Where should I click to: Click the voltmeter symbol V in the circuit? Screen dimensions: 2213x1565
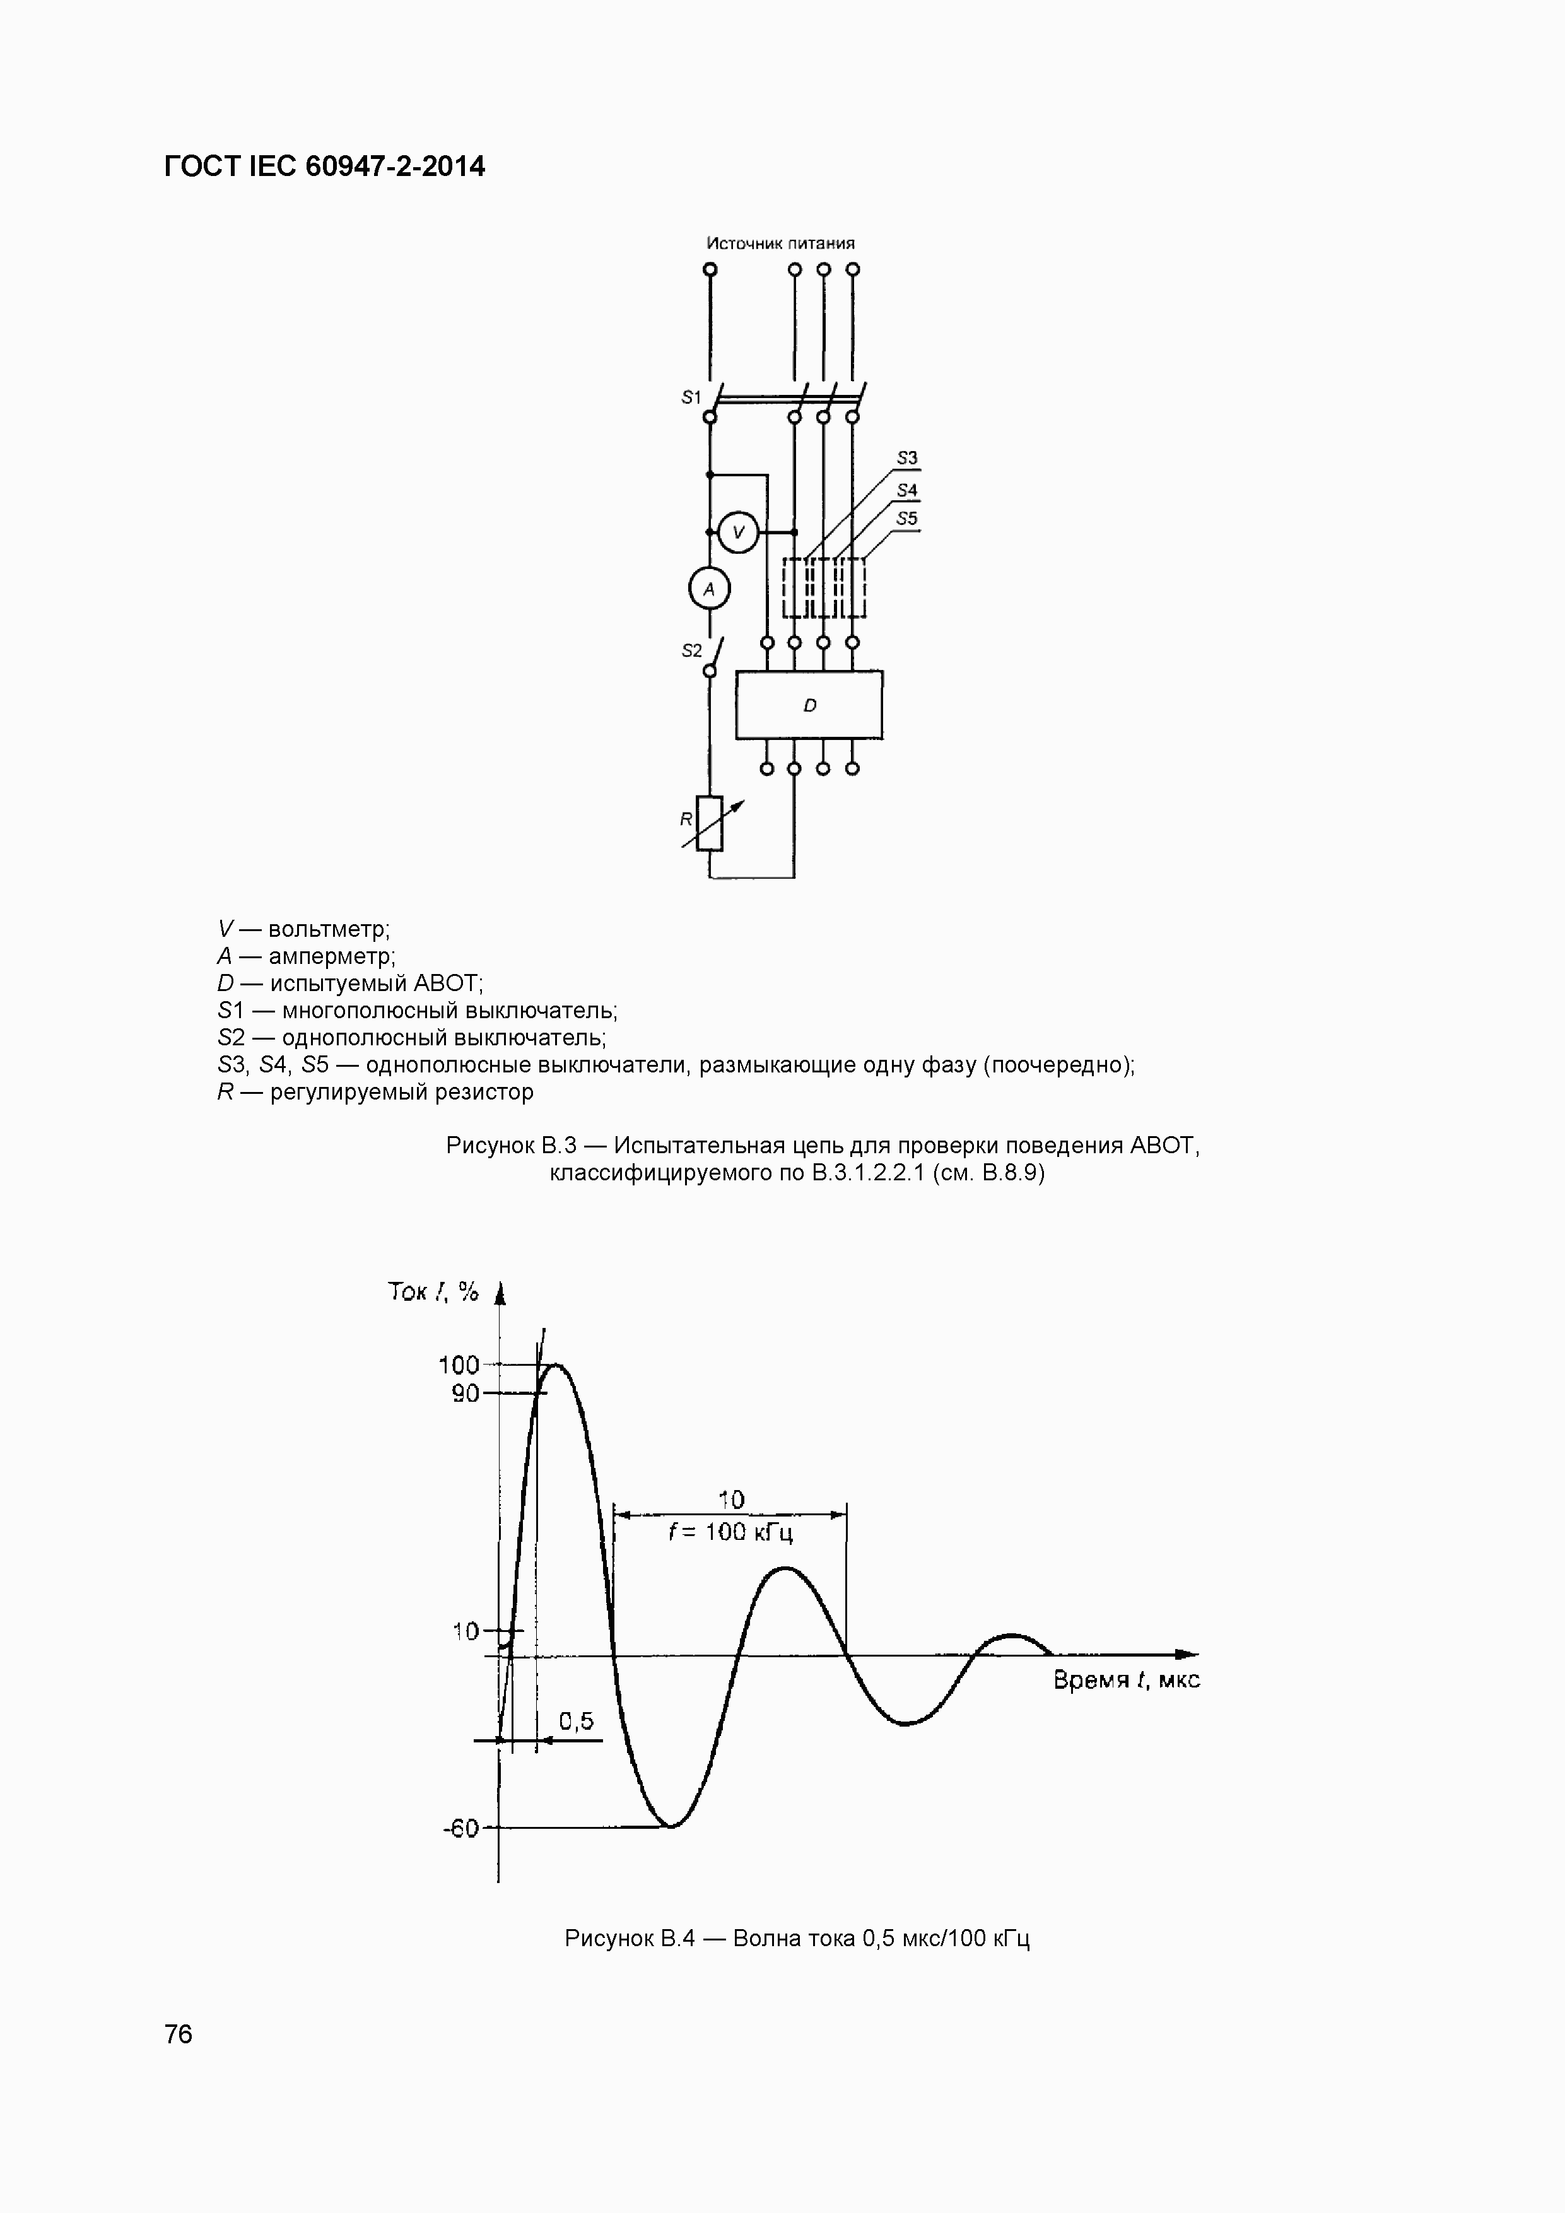point(739,532)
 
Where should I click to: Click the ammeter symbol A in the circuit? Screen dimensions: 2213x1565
point(709,589)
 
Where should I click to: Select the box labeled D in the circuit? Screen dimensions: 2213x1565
point(809,705)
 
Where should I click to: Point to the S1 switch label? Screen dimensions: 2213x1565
point(691,397)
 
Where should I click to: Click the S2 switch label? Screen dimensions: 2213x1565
point(692,650)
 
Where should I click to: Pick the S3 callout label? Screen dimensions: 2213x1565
point(907,459)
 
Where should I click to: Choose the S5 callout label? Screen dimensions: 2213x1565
point(907,519)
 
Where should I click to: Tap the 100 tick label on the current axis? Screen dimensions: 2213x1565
point(459,1365)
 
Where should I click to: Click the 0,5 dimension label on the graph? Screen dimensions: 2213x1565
point(577,1720)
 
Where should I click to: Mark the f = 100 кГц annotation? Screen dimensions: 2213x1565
point(730,1532)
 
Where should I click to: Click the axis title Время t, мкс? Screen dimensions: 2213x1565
point(1125,1680)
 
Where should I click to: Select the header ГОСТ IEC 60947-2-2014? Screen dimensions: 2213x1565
point(325,167)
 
